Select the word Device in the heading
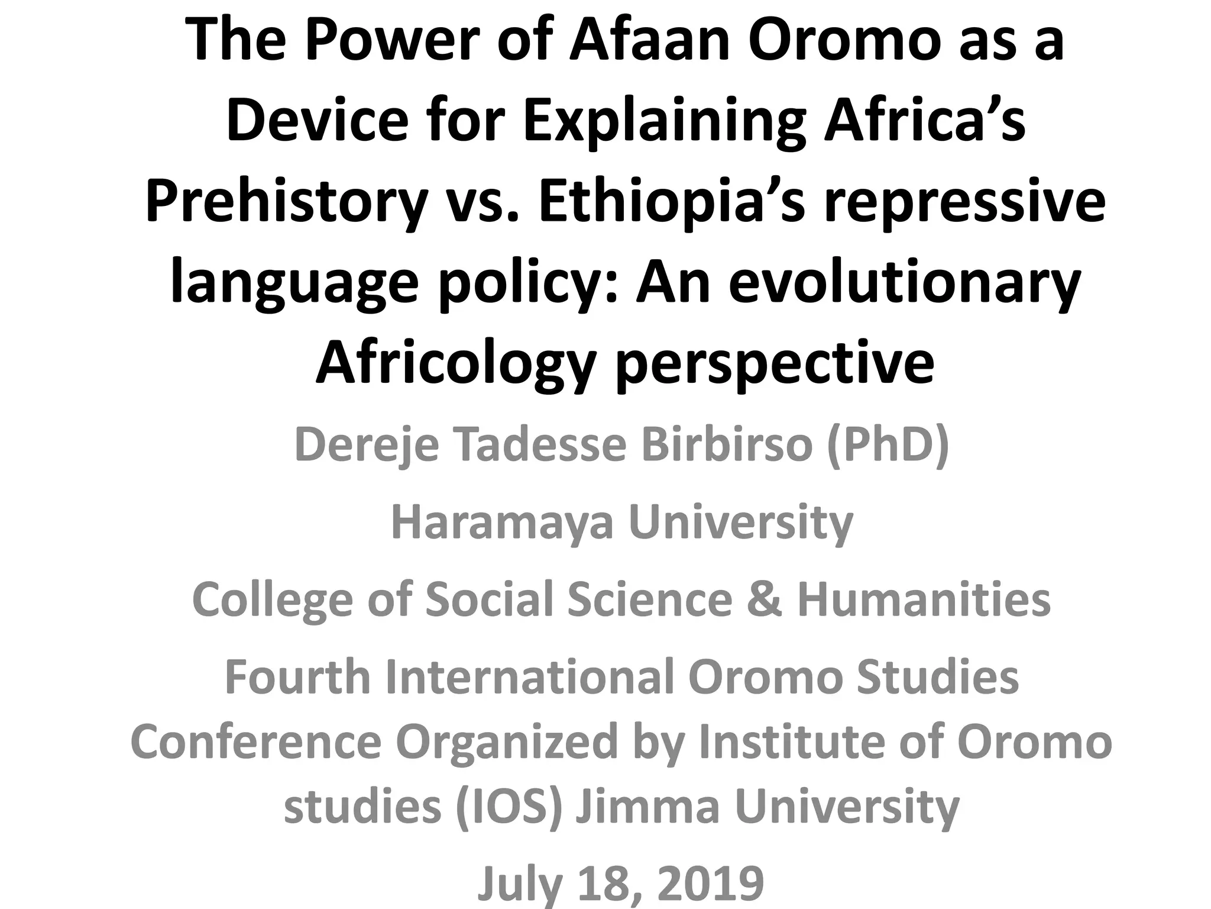317,121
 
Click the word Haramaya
502,522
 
